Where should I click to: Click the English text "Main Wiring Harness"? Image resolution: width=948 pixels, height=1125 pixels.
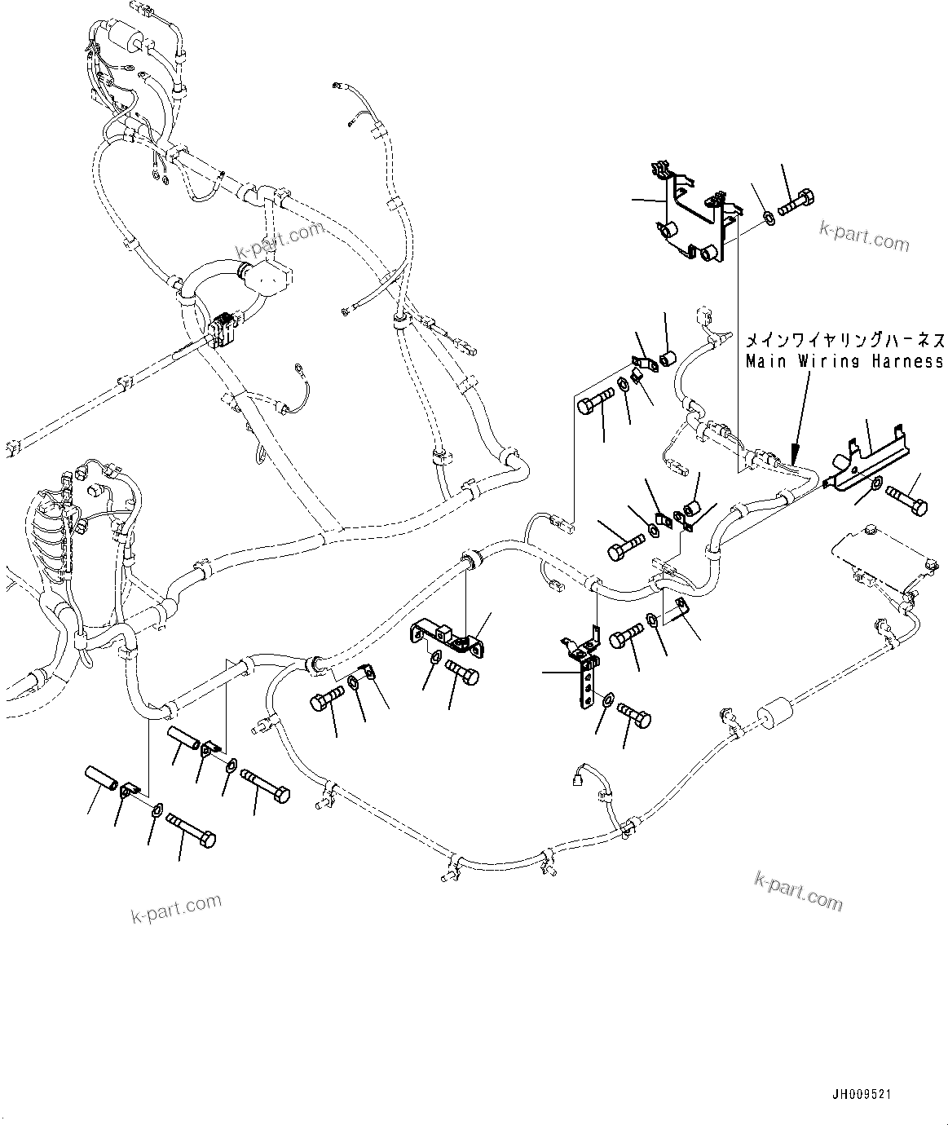[x=844, y=360]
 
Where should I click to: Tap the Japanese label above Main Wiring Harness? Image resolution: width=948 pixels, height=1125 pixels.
[x=844, y=339]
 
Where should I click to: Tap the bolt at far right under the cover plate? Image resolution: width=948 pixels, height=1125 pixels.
[x=905, y=498]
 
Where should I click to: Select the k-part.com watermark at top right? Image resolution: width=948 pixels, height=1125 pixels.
[x=864, y=238]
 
